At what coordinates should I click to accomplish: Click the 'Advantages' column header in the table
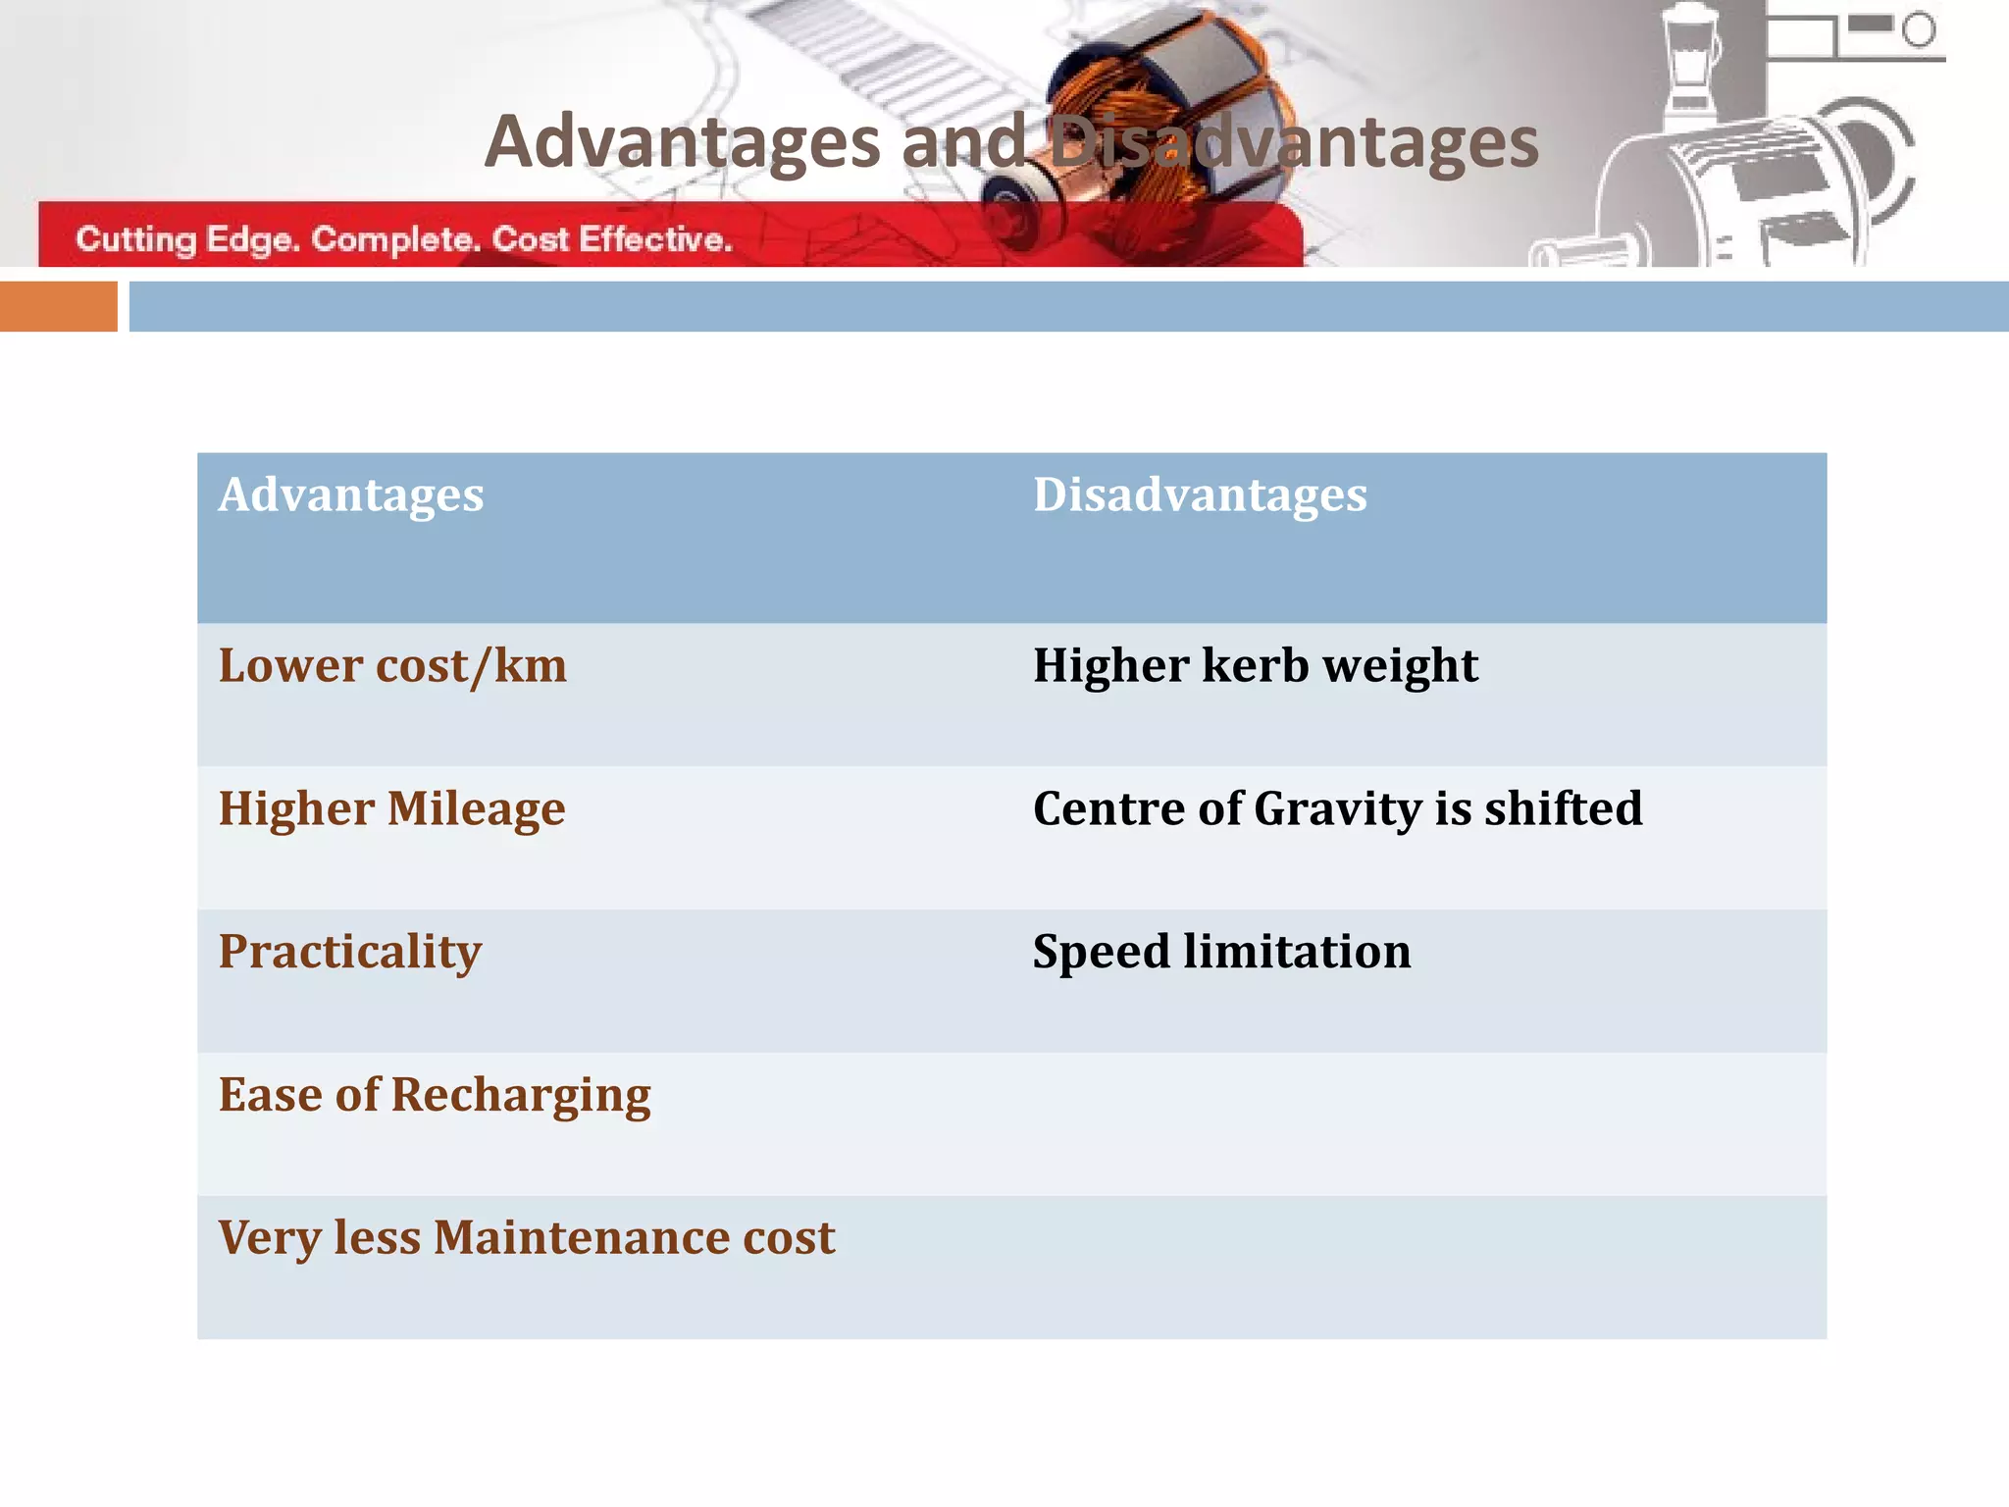351,494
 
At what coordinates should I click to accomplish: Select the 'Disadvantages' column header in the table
1200,494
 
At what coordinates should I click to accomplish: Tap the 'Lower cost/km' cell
392,666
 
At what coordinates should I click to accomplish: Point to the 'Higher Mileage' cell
391,809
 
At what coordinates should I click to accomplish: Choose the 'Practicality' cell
350,952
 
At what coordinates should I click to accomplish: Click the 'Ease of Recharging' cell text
435,1095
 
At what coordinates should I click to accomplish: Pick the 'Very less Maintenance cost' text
527,1237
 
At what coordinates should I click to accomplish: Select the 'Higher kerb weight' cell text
1255,666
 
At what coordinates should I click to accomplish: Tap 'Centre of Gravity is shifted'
1337,809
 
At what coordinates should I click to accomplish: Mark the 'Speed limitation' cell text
1221,952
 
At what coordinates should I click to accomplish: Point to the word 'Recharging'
521,1095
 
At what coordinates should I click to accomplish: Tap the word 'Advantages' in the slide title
683,142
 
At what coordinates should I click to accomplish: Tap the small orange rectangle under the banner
58,306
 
